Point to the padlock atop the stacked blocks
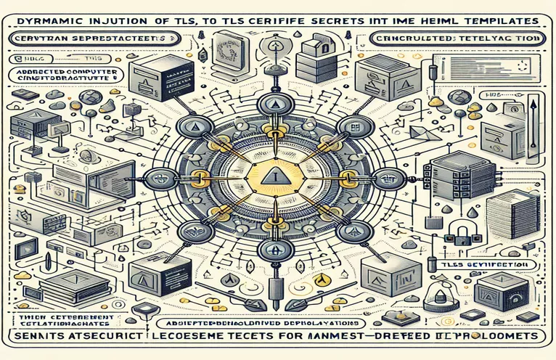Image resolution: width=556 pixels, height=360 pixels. [308, 46]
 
